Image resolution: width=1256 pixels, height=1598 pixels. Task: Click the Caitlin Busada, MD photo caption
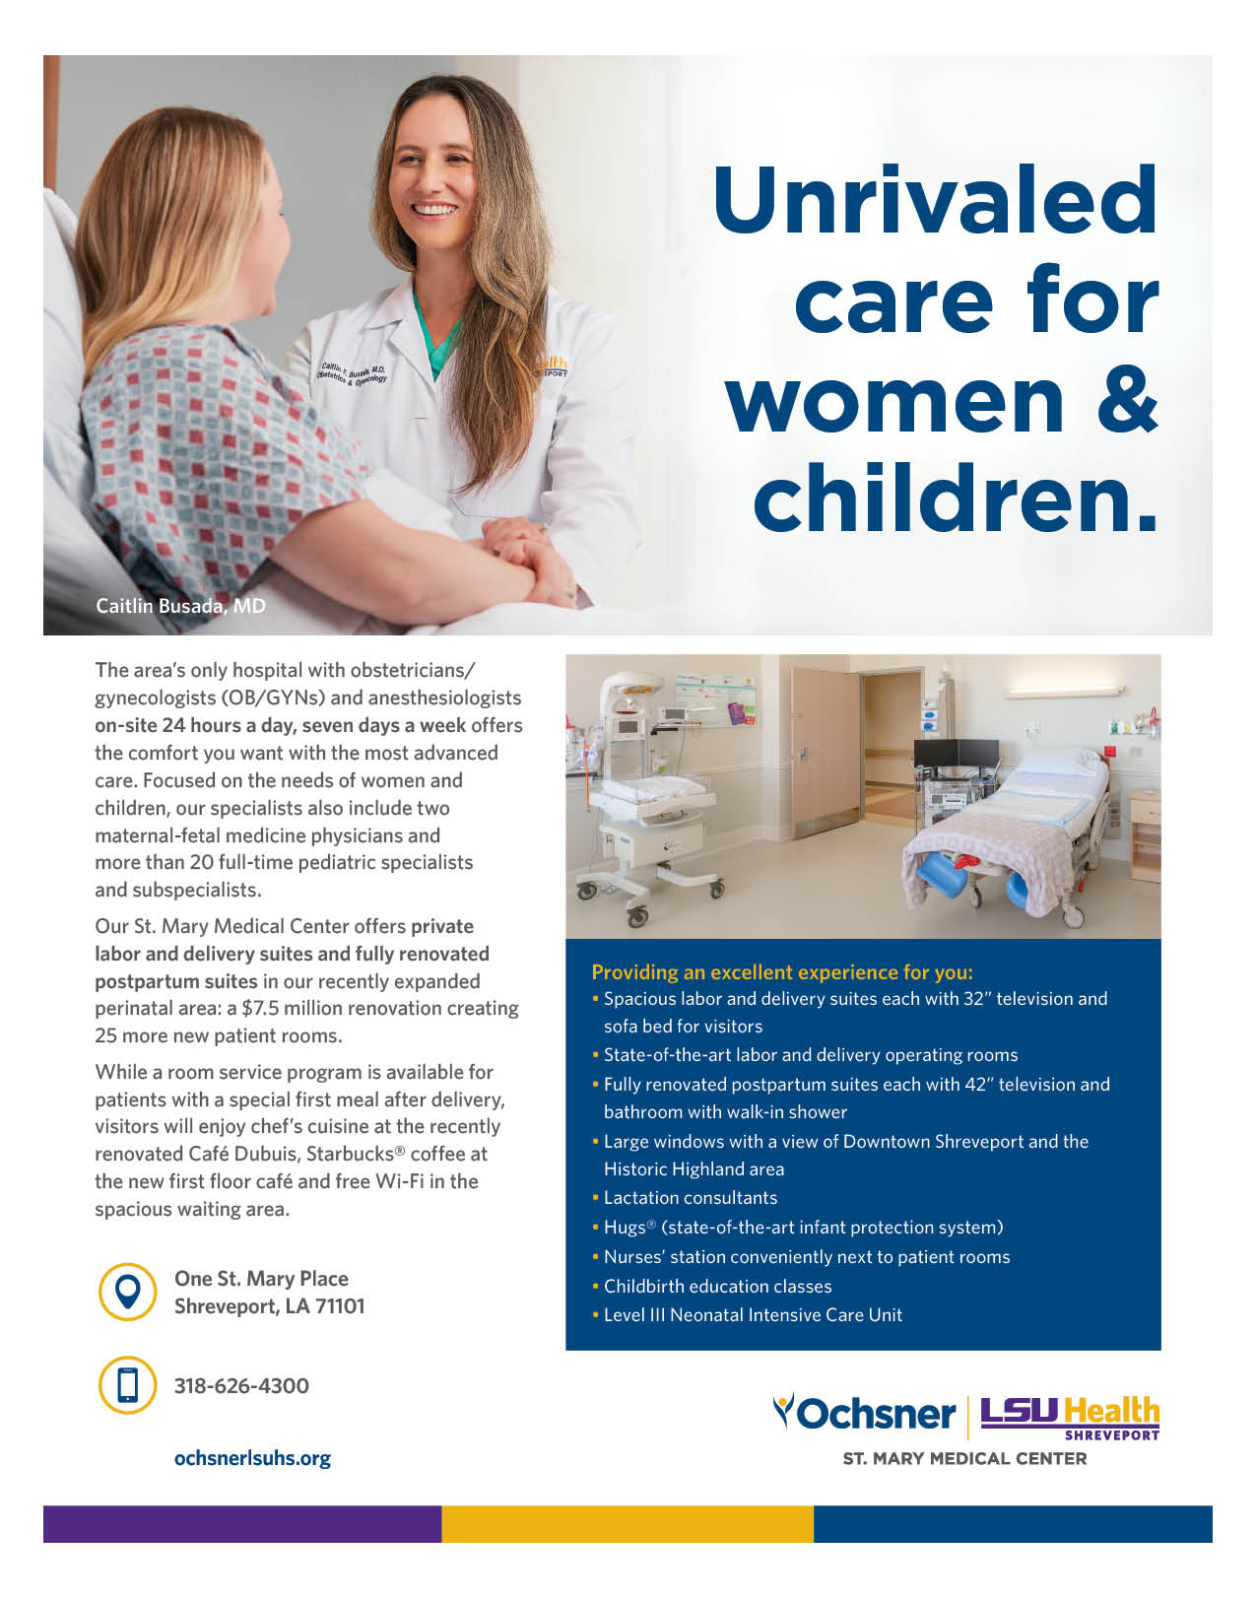point(180,606)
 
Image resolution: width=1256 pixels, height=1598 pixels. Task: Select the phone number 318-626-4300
point(241,1385)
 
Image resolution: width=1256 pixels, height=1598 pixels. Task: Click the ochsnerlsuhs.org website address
point(252,1458)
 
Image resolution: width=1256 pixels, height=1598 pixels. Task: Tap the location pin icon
point(128,1292)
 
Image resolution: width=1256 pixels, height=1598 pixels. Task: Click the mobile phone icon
point(128,1384)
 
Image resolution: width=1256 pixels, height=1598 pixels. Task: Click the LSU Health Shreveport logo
point(1069,1417)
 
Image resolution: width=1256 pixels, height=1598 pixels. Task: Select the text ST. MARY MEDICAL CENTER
point(964,1459)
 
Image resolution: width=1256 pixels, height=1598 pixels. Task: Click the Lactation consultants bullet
point(690,1198)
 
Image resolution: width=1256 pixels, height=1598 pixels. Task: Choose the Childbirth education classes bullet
point(717,1287)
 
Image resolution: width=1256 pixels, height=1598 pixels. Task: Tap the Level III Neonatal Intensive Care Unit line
point(753,1315)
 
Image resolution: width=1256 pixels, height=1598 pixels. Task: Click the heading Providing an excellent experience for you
point(782,972)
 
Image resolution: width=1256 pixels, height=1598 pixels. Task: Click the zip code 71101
point(340,1306)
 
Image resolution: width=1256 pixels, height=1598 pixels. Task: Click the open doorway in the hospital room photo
point(889,749)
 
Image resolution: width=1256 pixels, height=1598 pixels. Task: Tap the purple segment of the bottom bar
point(241,1523)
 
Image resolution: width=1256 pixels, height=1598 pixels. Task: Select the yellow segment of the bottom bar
point(627,1523)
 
